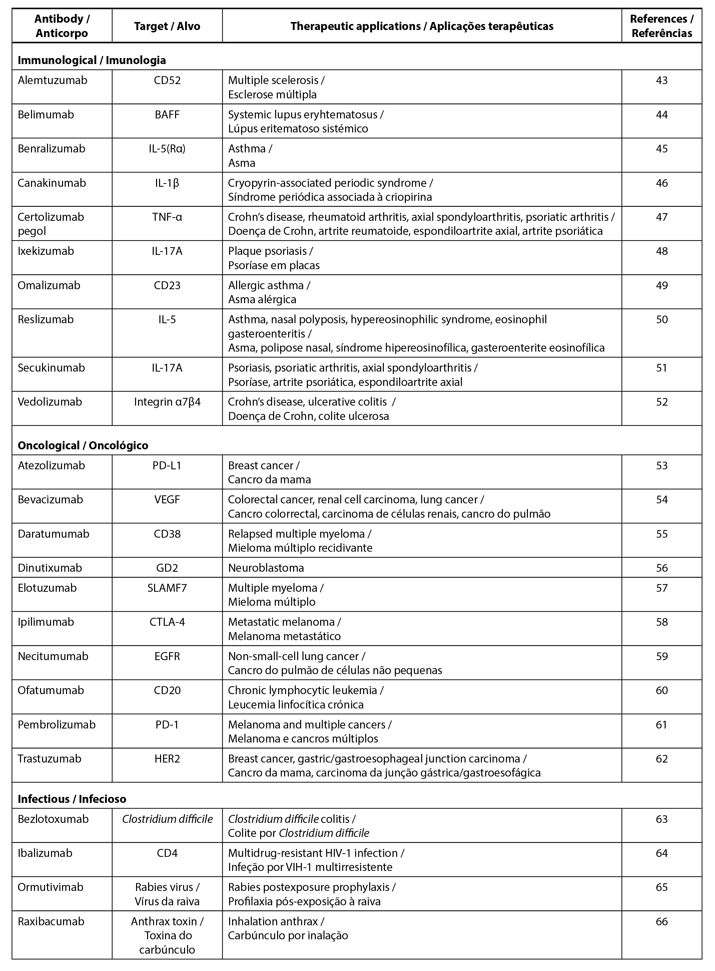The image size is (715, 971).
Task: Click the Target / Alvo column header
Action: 167,26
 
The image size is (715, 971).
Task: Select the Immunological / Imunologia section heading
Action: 91,60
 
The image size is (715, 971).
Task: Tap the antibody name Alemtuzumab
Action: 52,80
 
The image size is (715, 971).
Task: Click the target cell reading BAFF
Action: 167,115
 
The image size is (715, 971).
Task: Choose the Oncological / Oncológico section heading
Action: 83,445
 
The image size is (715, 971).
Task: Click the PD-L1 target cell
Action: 167,465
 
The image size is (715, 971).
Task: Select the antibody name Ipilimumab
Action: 46,622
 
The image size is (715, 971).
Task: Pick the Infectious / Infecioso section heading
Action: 72,799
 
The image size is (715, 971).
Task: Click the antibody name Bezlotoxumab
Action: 53,819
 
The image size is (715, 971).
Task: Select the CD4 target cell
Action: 167,853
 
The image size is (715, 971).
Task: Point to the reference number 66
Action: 661,921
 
